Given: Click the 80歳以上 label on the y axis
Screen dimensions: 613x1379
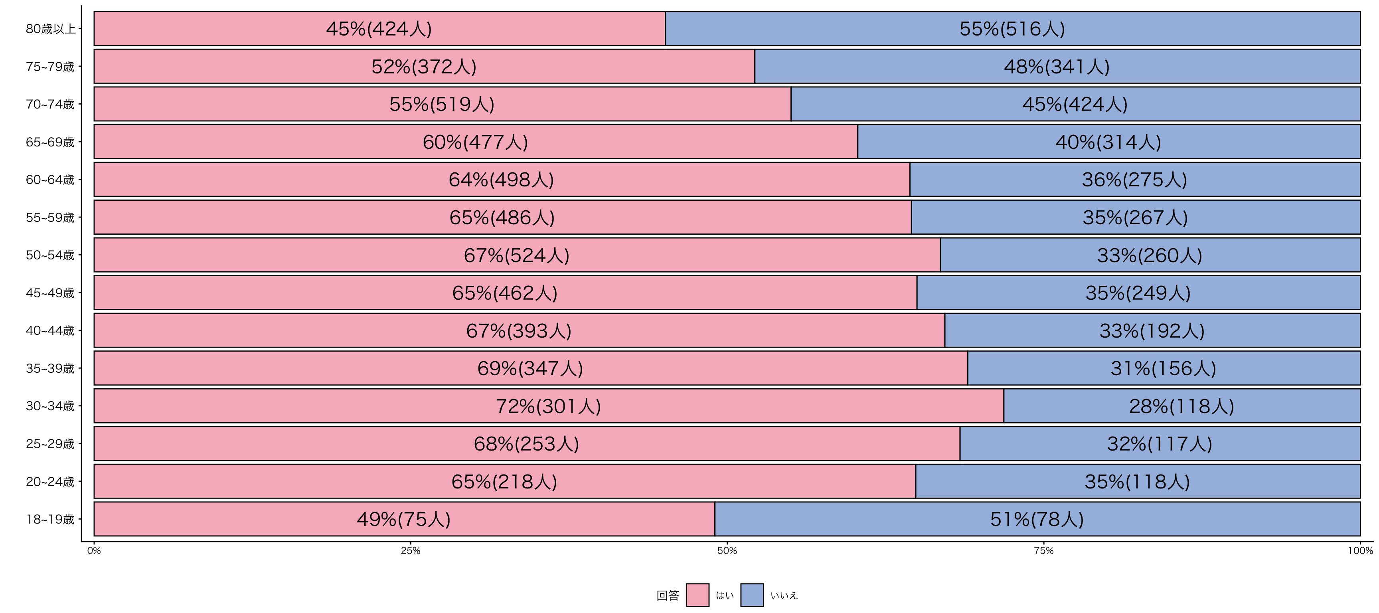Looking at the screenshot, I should pos(50,29).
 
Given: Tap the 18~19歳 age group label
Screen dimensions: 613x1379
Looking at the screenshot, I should pos(50,519).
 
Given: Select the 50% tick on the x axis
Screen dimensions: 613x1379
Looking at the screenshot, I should pos(727,550).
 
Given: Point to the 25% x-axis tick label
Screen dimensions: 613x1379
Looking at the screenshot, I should pos(411,550).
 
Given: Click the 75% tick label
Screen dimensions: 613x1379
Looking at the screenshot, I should pos(1043,550).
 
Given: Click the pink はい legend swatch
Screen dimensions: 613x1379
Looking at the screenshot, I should pos(697,595).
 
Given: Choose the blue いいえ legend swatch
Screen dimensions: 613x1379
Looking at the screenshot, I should pos(752,595).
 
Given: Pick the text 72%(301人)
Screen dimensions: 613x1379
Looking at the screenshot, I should pos(548,406).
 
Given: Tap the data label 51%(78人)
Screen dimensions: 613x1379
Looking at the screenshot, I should pos(1037,519).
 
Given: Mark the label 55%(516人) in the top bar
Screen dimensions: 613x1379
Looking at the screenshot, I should pos(1012,29).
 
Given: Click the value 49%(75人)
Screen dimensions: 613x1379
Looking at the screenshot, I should pos(404,519).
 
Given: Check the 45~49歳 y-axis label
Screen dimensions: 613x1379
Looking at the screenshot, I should pos(50,293).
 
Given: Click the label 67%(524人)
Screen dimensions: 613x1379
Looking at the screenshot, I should pos(517,255).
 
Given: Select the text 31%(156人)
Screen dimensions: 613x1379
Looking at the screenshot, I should pos(1163,368).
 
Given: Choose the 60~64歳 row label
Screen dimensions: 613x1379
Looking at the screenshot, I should pos(50,180).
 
